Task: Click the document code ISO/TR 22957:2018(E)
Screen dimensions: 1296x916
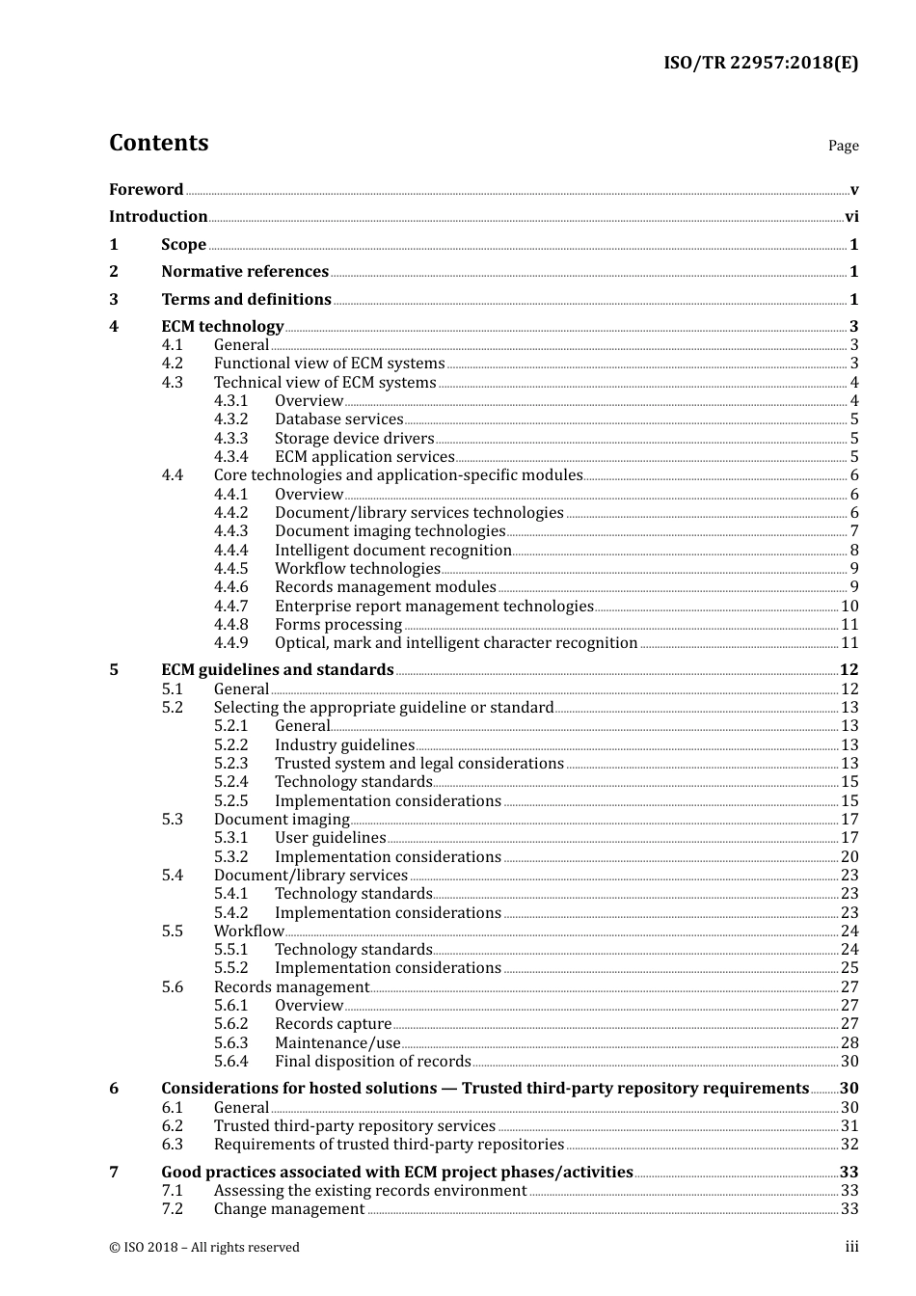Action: click(x=761, y=64)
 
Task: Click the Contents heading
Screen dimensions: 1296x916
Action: click(x=158, y=143)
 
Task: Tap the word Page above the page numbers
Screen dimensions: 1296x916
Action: click(x=843, y=146)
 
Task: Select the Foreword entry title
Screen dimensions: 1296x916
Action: click(x=146, y=189)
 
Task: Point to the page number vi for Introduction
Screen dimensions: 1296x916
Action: click(x=851, y=217)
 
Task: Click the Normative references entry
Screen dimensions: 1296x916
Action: click(x=245, y=272)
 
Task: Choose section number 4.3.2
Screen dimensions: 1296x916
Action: click(x=230, y=419)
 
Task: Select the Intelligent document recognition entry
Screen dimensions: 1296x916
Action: click(x=392, y=551)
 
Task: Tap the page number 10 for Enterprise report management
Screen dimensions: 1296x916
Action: click(x=849, y=607)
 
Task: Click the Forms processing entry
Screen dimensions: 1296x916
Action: click(x=337, y=625)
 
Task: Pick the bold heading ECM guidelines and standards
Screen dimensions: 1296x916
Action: click(x=277, y=670)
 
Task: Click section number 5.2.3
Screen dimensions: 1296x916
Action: click(x=230, y=764)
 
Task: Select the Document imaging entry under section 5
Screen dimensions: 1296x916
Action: click(x=282, y=820)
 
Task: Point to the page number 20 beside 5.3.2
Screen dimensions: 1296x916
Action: click(x=849, y=857)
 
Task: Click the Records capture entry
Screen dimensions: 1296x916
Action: click(x=333, y=1024)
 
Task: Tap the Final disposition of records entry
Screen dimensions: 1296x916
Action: click(x=372, y=1062)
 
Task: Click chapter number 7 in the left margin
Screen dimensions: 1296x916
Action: click(x=114, y=1173)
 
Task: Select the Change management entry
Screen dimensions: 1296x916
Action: click(x=289, y=1209)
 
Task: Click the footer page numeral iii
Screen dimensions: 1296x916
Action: click(x=851, y=1247)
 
